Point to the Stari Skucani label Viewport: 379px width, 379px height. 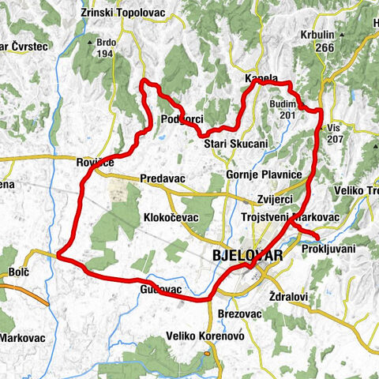point(236,144)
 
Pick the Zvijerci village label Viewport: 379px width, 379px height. point(276,199)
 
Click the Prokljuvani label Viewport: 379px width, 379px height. point(328,249)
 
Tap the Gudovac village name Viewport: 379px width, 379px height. point(161,291)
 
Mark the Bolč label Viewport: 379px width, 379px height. point(19,272)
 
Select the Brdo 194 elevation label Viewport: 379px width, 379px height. point(105,48)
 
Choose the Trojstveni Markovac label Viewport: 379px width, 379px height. point(289,216)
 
